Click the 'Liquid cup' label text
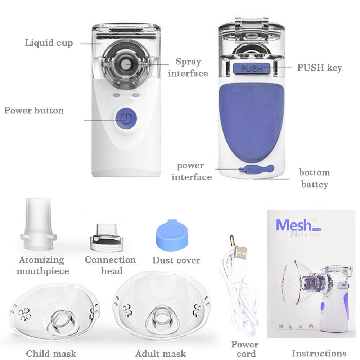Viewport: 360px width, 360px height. (x=49, y=43)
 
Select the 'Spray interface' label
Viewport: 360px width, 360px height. (x=188, y=67)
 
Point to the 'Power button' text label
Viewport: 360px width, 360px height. (x=34, y=110)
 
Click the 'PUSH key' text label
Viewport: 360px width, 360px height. (x=319, y=68)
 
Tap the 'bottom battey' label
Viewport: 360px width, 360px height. (x=314, y=179)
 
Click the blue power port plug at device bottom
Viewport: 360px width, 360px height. (x=256, y=169)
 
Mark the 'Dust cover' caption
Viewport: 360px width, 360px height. (x=176, y=260)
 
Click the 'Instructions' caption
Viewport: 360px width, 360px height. (x=319, y=353)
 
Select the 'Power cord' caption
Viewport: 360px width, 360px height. (x=245, y=349)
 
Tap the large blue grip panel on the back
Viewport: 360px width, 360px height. (x=252, y=119)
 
